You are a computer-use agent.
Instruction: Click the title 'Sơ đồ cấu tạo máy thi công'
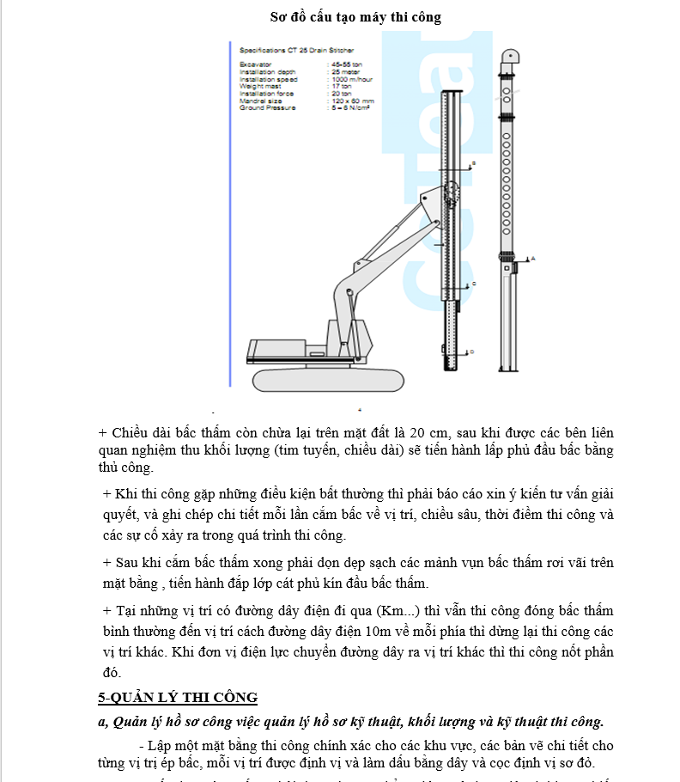tap(355, 17)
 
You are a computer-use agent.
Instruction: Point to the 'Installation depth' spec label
tap(264, 71)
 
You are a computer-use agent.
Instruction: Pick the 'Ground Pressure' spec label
tap(267, 108)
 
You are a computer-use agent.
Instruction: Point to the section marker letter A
tap(533, 258)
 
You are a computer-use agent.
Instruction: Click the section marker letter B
tap(473, 163)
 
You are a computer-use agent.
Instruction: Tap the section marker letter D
tap(473, 351)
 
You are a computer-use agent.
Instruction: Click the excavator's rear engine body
tap(275, 351)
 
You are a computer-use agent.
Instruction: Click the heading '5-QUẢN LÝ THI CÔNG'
tap(178, 697)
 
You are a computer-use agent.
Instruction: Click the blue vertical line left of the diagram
tap(231, 215)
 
